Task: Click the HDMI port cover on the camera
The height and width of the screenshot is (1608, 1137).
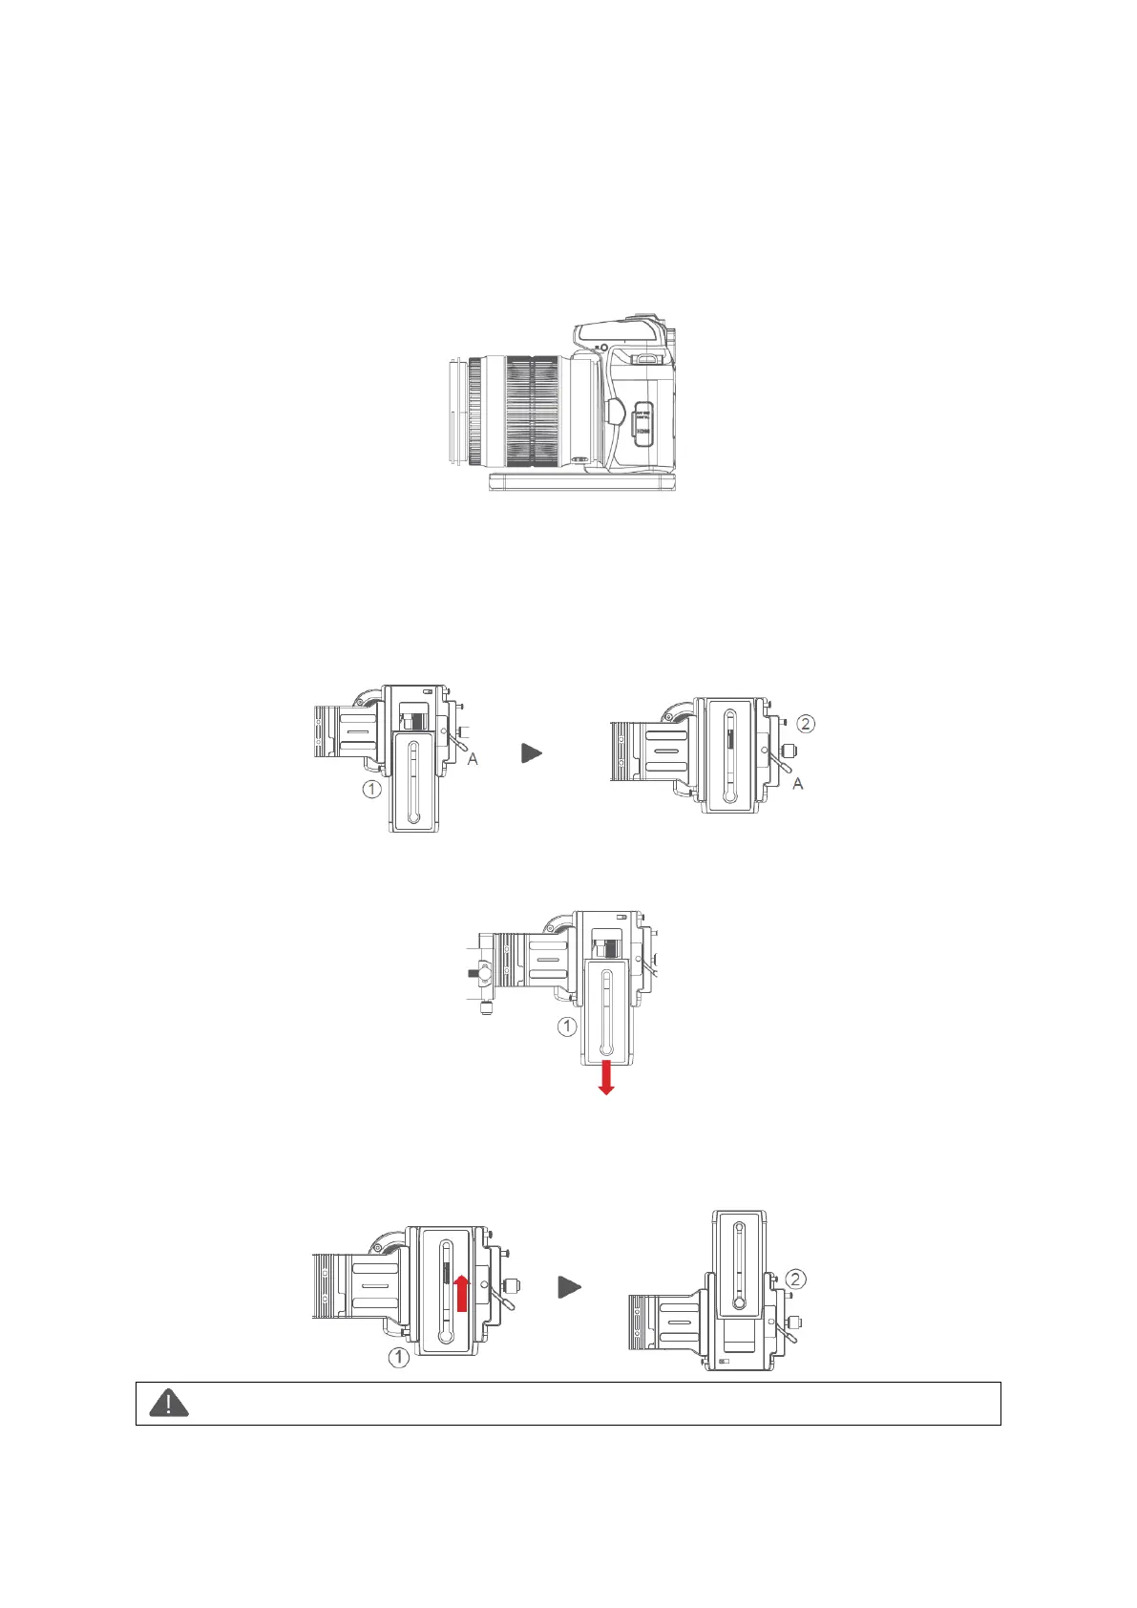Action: pyautogui.click(x=643, y=425)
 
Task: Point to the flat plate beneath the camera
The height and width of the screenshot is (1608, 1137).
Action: pyautogui.click(x=582, y=481)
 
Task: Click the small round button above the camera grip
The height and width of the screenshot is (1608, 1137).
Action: pyautogui.click(x=603, y=346)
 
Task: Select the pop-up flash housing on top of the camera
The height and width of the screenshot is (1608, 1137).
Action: pyautogui.click(x=621, y=332)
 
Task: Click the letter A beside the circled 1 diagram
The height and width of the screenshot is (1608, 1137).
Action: pyautogui.click(x=473, y=758)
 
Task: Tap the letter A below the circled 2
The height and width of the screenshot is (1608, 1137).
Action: pyautogui.click(x=798, y=783)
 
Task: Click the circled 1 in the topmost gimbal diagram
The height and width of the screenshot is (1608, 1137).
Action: pyautogui.click(x=371, y=789)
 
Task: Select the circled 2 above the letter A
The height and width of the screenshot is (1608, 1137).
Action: pyautogui.click(x=806, y=724)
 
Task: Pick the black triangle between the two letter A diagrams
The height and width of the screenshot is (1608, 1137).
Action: pyautogui.click(x=532, y=753)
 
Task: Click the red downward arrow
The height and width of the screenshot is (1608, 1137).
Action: pyautogui.click(x=605, y=1076)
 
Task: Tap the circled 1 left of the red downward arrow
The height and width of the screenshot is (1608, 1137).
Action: pyautogui.click(x=567, y=1026)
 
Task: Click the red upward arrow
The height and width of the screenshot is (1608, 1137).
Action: pyautogui.click(x=462, y=1292)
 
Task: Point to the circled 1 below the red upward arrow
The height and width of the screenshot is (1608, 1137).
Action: pyautogui.click(x=399, y=1356)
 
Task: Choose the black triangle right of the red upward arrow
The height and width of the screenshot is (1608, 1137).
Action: pyautogui.click(x=569, y=1287)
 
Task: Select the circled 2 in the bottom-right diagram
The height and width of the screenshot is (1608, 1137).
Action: pyautogui.click(x=796, y=1279)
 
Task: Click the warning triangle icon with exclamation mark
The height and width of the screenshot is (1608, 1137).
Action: pyautogui.click(x=169, y=1403)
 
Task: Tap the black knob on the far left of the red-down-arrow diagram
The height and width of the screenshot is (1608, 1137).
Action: pyautogui.click(x=474, y=974)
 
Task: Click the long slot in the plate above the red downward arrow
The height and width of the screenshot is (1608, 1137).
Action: pyautogui.click(x=606, y=1012)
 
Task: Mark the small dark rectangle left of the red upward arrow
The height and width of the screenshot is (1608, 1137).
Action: pyautogui.click(x=446, y=1274)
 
